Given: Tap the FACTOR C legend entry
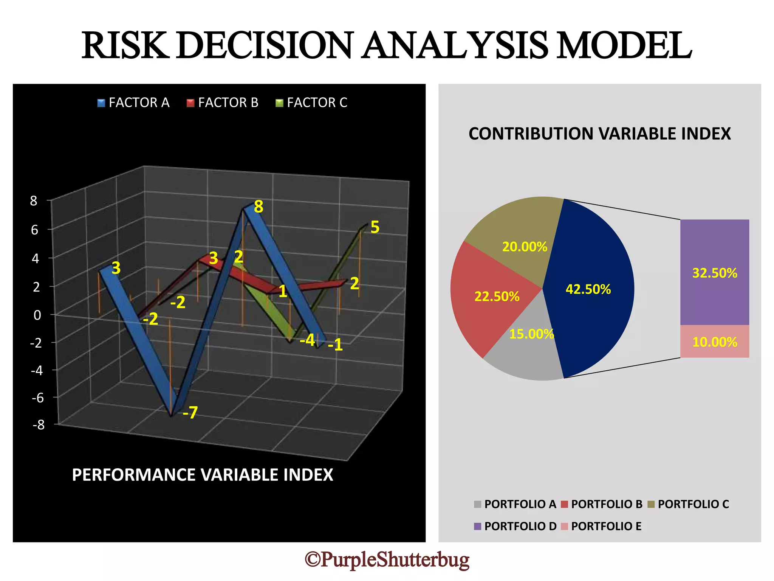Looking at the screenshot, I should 311,103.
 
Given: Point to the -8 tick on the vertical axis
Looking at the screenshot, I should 39,425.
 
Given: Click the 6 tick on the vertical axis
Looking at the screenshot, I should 35,230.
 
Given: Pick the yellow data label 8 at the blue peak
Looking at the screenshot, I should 259,207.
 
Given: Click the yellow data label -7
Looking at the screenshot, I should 190,413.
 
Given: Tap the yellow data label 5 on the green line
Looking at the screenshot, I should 375,227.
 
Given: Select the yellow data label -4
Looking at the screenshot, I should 307,340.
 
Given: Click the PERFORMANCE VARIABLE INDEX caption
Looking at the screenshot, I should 203,475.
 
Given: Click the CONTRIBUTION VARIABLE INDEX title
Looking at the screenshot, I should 599,134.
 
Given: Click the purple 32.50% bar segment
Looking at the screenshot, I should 714,272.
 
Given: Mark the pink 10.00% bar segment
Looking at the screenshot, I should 714,342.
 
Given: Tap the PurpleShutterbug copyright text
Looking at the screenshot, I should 387,559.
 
